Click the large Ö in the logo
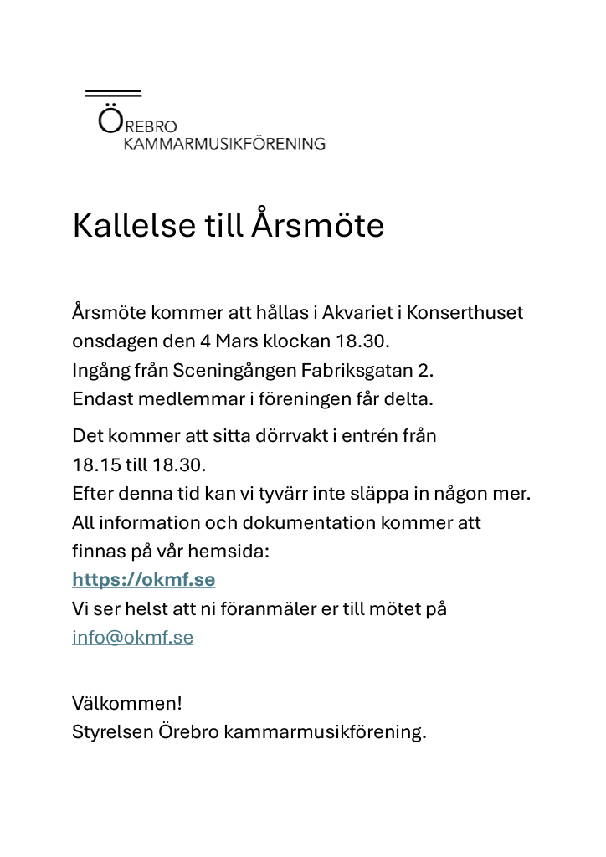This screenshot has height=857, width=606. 110,121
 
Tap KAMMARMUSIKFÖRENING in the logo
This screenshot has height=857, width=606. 224,144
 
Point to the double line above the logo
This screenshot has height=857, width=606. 113,93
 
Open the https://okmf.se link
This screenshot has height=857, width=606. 143,580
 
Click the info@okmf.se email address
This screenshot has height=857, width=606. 132,638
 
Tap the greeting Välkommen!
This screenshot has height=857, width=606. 126,703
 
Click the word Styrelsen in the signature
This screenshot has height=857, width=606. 112,731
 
